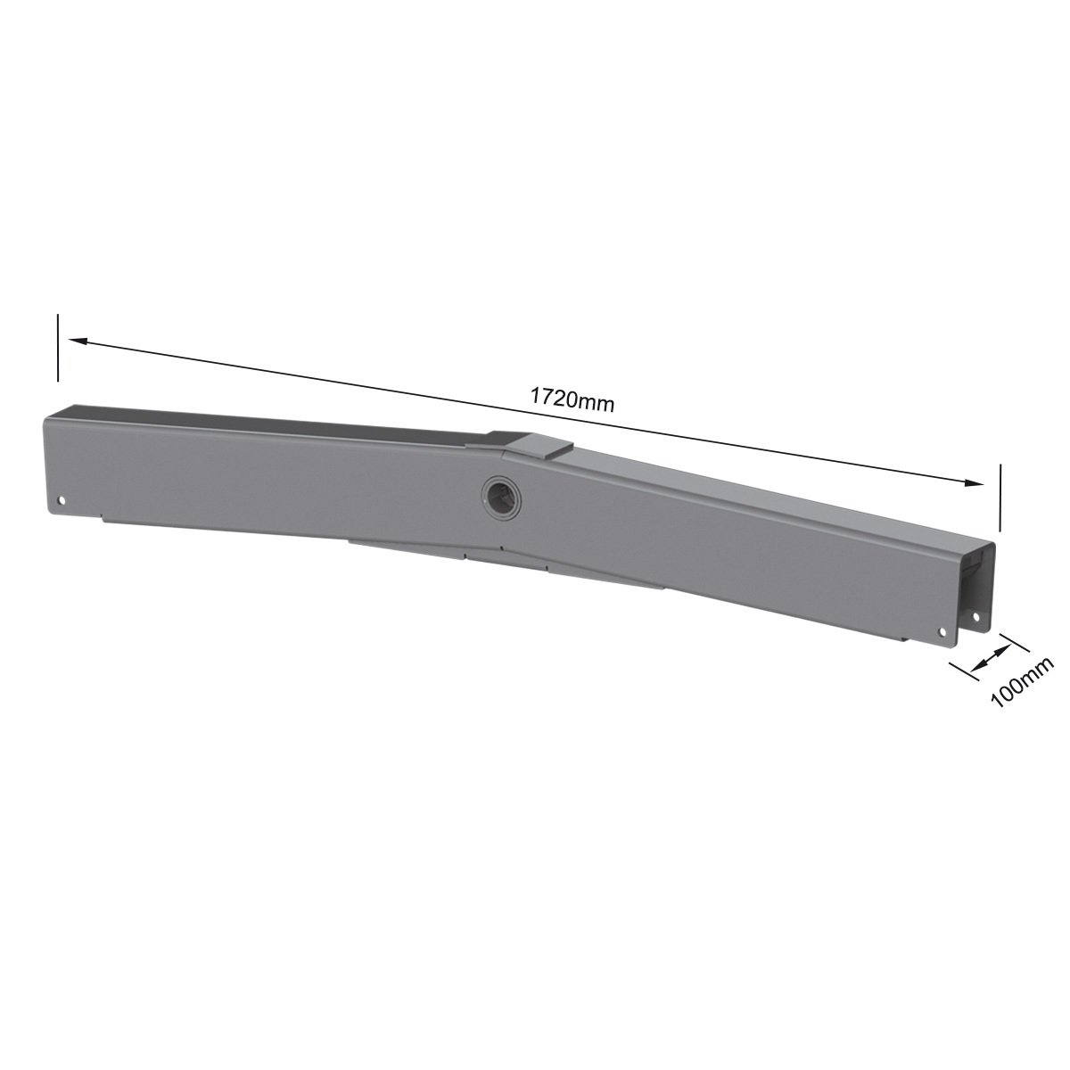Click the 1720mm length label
[x=572, y=399]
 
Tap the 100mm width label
[x=1021, y=681]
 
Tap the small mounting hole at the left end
[x=62, y=500]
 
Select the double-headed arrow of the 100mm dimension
[x=985, y=660]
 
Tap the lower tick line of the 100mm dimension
[x=963, y=676]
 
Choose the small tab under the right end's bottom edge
[x=905, y=638]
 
